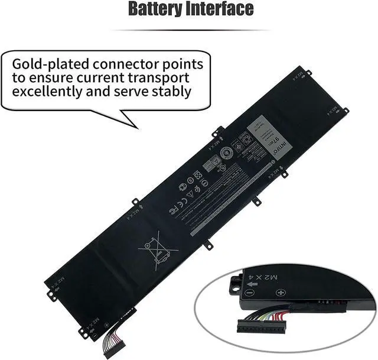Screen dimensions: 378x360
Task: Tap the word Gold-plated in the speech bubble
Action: (50, 64)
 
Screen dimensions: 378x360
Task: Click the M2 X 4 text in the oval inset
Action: (294, 277)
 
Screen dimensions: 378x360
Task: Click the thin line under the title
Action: (189, 30)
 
